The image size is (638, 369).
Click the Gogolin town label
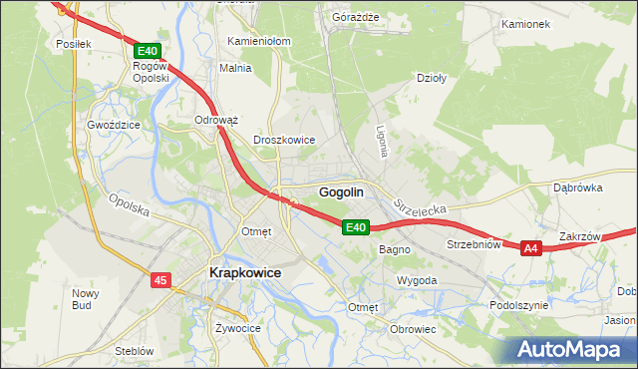pyautogui.click(x=340, y=191)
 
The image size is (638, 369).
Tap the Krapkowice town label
pyautogui.click(x=244, y=272)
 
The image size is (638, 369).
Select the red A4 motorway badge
pyautogui.click(x=530, y=248)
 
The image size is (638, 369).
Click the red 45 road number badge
pyautogui.click(x=161, y=281)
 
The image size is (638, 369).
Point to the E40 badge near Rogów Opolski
pyautogui.click(x=147, y=51)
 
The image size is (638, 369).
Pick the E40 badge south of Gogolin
pyautogui.click(x=358, y=227)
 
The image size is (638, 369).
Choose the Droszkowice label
pyautogui.click(x=285, y=141)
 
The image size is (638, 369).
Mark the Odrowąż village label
pyautogui.click(x=215, y=120)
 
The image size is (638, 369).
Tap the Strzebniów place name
pyautogui.click(x=473, y=244)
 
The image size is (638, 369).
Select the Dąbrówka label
pyautogui.click(x=578, y=186)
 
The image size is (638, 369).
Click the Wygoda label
pyautogui.click(x=417, y=281)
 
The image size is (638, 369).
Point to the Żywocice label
pyautogui.click(x=238, y=327)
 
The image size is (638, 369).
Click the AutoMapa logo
pyautogui.click(x=572, y=350)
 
